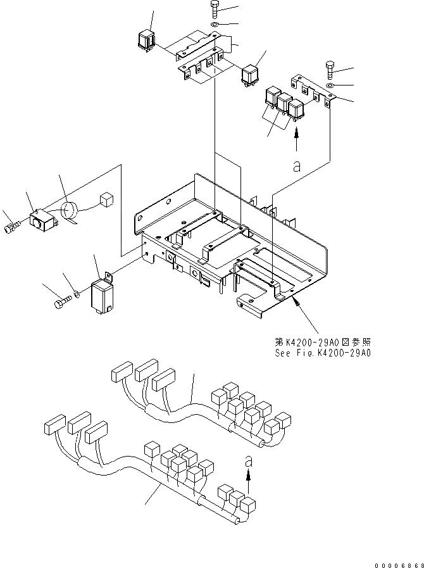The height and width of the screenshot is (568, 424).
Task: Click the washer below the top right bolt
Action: click(x=332, y=84)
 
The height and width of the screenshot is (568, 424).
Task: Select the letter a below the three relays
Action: click(x=296, y=167)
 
